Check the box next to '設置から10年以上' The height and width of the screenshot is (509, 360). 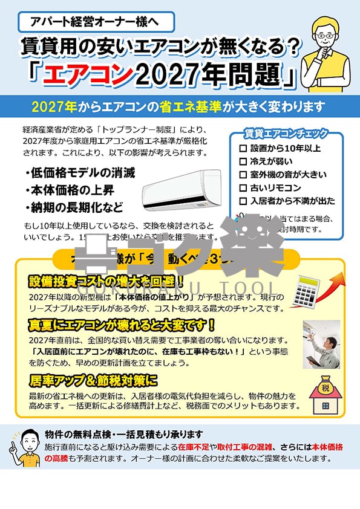(243, 149)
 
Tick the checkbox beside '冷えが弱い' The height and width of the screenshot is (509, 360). (243, 162)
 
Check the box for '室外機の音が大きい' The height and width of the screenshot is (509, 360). (243, 175)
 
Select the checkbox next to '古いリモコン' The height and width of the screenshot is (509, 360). (243, 189)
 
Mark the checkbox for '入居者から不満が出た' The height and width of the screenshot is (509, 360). (243, 202)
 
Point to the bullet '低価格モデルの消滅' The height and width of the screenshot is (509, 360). (80, 173)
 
